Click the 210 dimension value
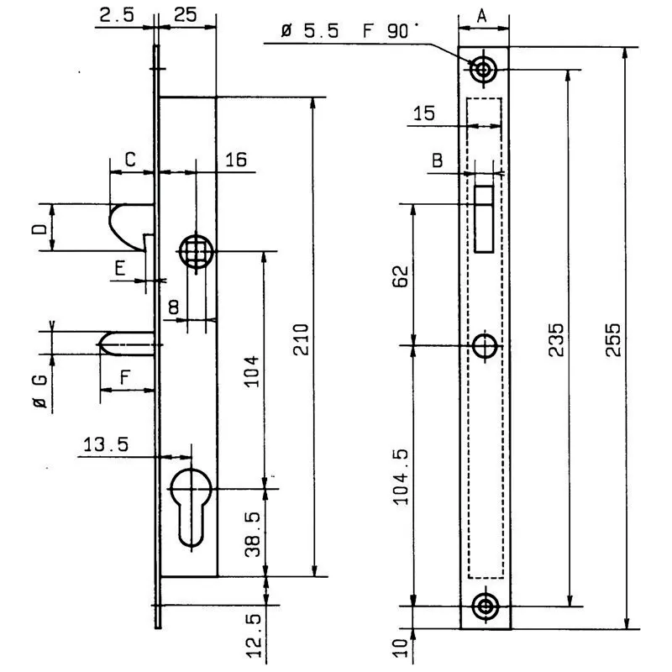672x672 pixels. tap(302, 338)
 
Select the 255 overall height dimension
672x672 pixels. tap(613, 339)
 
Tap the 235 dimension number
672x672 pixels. tap(556, 339)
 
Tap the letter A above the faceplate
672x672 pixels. tap(481, 15)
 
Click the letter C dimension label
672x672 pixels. tap(130, 159)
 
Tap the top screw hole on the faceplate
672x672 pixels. tap(484, 70)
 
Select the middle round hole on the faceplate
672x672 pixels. tap(485, 345)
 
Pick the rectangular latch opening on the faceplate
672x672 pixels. tap(483, 218)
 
